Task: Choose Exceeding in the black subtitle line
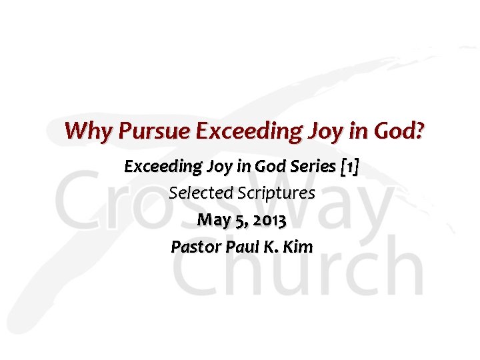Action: click(x=157, y=166)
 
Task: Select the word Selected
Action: click(x=197, y=193)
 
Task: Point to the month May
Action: click(x=213, y=220)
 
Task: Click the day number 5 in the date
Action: click(x=237, y=220)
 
